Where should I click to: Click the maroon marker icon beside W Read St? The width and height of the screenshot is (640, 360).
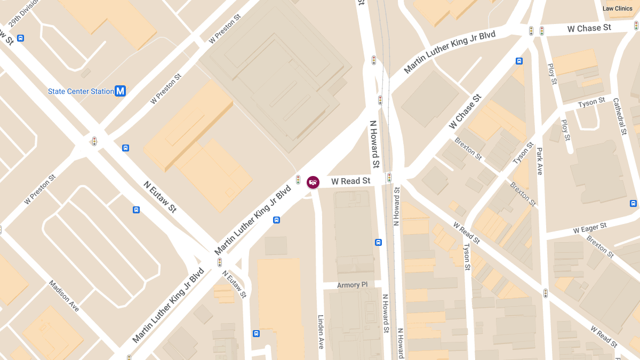[313, 182]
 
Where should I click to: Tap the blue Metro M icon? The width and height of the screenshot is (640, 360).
[121, 91]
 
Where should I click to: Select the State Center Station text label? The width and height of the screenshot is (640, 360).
[81, 91]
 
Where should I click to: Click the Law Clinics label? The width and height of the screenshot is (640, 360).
[617, 9]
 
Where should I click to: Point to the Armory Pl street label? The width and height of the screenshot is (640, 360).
[352, 285]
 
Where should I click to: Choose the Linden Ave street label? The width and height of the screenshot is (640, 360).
[321, 331]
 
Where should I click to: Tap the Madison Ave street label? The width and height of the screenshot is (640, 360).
[64, 296]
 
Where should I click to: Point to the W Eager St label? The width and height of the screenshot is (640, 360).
[590, 228]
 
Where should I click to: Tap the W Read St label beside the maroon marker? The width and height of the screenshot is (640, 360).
[350, 181]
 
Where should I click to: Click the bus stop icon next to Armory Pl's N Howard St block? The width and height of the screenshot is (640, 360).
[378, 242]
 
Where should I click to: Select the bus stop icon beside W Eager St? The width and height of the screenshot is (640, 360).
[633, 203]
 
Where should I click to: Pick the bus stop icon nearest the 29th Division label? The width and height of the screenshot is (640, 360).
[20, 38]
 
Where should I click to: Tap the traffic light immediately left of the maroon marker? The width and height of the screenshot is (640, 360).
[298, 180]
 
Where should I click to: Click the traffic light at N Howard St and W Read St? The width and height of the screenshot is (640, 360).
[389, 177]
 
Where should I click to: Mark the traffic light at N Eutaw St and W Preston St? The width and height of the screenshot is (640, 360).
[94, 141]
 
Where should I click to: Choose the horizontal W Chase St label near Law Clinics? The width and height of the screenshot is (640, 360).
[589, 28]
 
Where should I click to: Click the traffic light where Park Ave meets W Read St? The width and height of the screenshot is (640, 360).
[545, 293]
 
